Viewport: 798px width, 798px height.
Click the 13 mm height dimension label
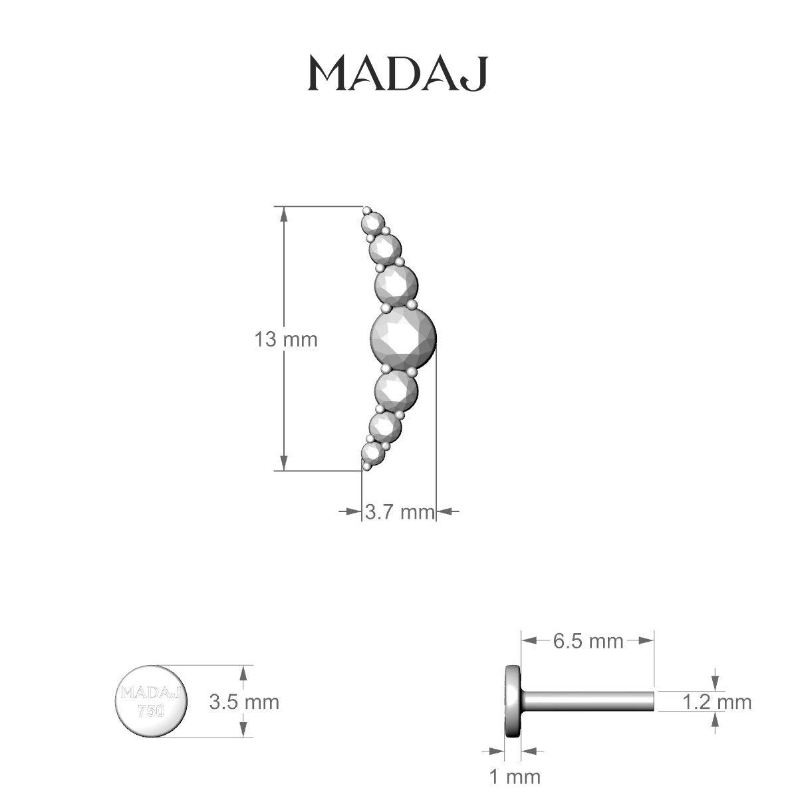[285, 340]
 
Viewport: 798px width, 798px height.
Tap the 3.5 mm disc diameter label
[243, 702]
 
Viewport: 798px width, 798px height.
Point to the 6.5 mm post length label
[588, 641]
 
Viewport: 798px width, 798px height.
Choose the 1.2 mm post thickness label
[716, 702]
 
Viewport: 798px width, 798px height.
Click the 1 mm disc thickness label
[515, 776]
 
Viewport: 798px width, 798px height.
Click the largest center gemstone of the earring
[403, 338]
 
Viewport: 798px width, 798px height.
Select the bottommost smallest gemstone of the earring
[373, 453]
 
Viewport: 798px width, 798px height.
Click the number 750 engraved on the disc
[151, 710]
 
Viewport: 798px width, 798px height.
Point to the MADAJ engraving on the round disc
[152, 694]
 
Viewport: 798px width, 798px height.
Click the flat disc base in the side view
[513, 701]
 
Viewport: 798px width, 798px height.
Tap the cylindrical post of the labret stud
[589, 702]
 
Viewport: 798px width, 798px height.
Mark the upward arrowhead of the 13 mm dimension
[284, 214]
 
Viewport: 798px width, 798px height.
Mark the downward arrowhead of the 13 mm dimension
[284, 464]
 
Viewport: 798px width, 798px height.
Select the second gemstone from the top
[385, 249]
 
